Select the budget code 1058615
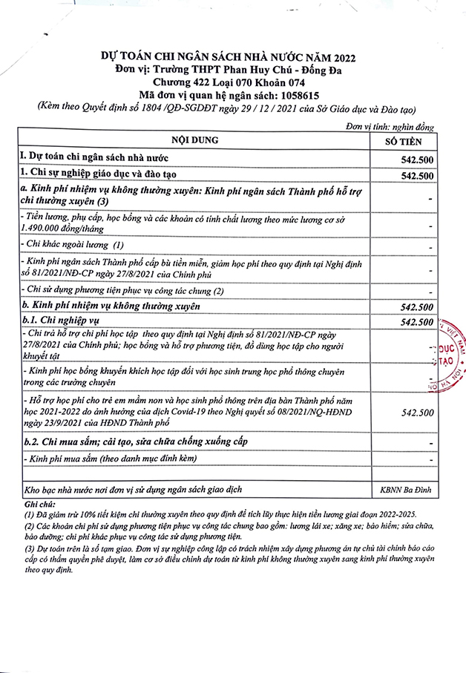[x=298, y=95]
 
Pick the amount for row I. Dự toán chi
[x=416, y=160]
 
